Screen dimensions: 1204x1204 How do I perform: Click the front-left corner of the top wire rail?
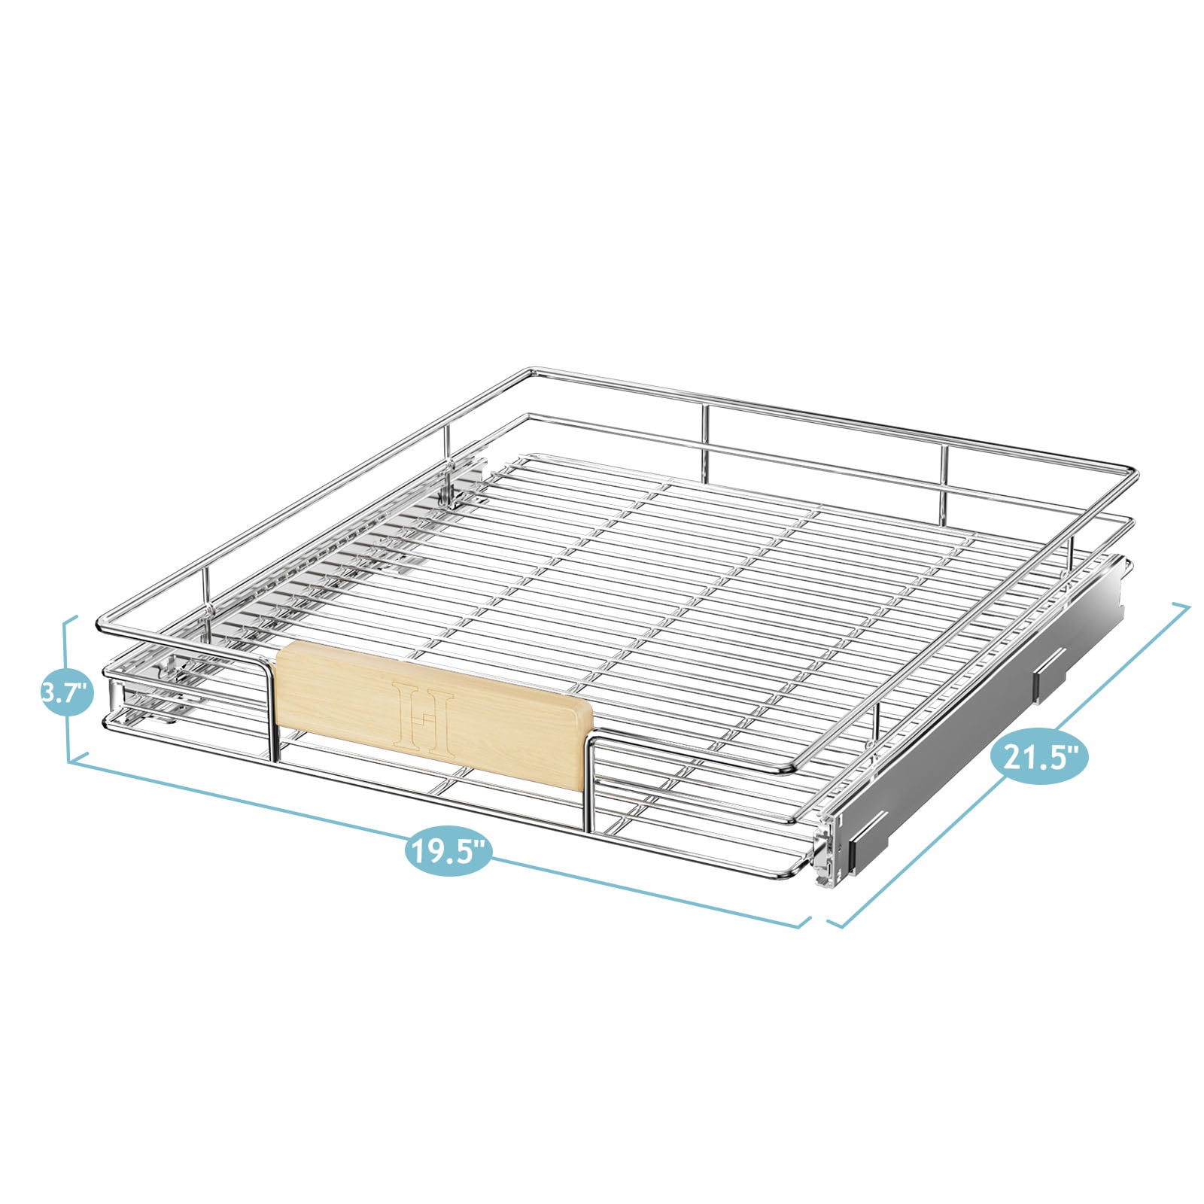[x=102, y=625]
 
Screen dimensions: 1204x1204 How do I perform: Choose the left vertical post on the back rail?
[x=705, y=444]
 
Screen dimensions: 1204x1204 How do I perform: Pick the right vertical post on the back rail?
[x=944, y=482]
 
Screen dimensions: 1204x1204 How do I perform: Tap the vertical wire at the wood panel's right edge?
[x=588, y=783]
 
